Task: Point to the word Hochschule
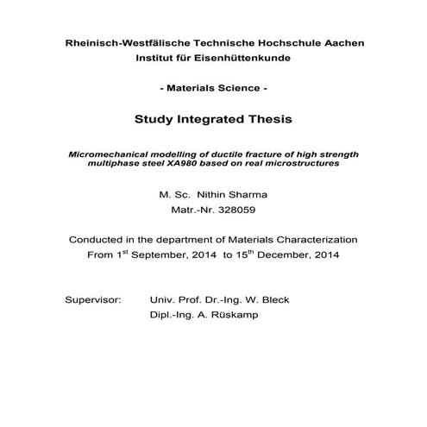click(x=279, y=42)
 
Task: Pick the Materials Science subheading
click(x=213, y=89)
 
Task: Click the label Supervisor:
click(x=94, y=300)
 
